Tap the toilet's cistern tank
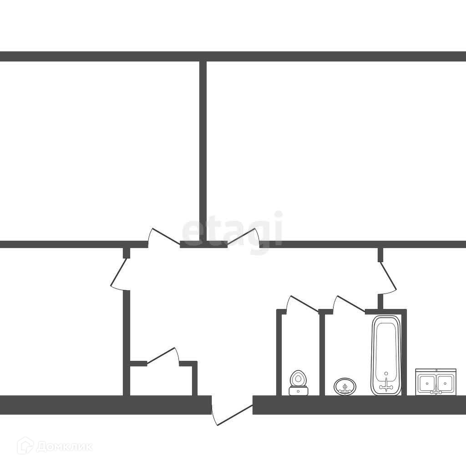299,390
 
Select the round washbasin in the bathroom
345,387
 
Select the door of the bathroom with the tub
349,304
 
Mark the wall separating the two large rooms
203,150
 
